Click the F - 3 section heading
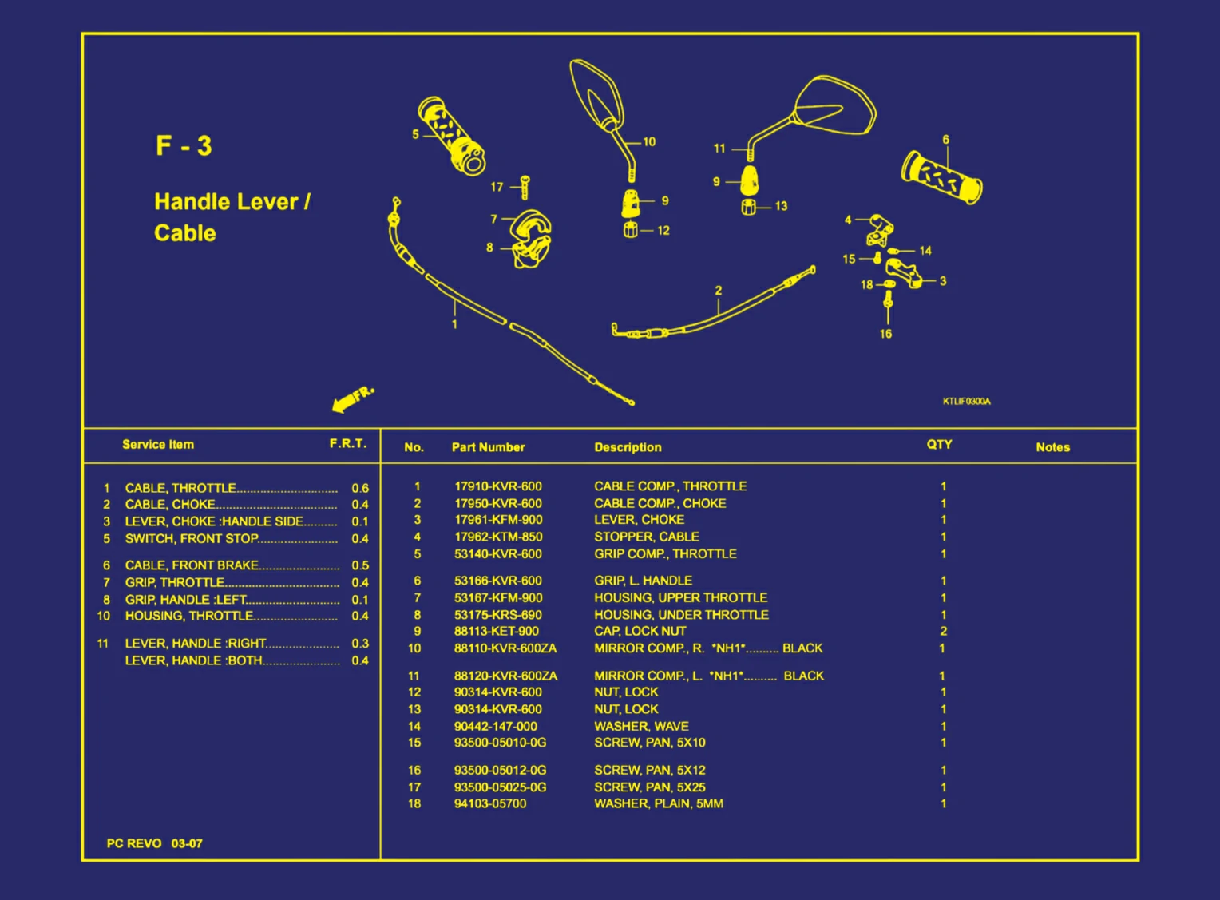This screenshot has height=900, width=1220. click(184, 146)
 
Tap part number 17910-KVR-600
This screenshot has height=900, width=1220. click(497, 486)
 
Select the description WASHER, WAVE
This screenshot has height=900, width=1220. click(641, 726)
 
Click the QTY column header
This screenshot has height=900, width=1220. click(939, 445)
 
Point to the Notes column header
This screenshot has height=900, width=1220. click(1052, 447)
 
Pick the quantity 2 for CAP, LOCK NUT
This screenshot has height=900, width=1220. click(943, 631)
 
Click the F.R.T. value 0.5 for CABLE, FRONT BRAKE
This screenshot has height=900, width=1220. click(360, 565)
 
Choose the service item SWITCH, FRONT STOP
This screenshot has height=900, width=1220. click(192, 539)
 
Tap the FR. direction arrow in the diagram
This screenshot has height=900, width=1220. click(351, 398)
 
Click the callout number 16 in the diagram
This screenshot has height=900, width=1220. click(885, 334)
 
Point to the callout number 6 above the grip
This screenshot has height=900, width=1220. click(946, 140)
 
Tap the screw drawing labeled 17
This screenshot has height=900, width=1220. click(525, 188)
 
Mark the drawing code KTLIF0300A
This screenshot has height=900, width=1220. click(966, 401)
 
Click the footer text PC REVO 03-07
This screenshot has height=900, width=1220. click(155, 843)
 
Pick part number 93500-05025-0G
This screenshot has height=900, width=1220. click(500, 787)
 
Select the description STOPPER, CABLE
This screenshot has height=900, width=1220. click(646, 537)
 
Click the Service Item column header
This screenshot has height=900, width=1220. click(158, 445)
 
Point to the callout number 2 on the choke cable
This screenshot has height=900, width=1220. click(719, 291)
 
